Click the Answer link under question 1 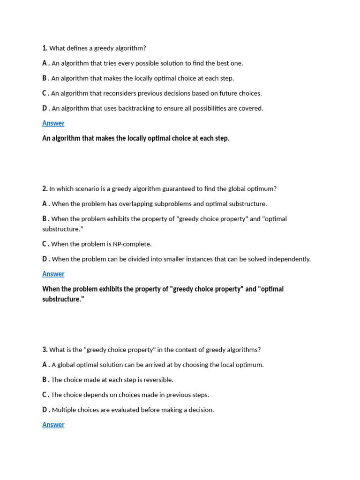[53, 123]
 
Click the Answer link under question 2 [53, 274]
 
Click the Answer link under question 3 [53, 425]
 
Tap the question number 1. [45, 48]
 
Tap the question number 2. [45, 189]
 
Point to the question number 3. [45, 350]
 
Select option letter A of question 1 [45, 63]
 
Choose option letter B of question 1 [45, 78]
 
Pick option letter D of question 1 [45, 108]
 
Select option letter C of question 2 [45, 244]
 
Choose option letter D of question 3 [45, 410]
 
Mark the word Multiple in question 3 [64, 410]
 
